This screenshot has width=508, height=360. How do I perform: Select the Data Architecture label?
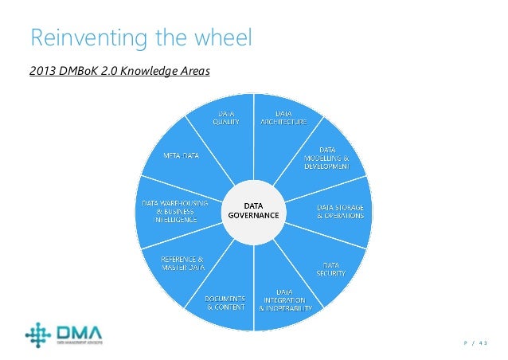click(283, 118)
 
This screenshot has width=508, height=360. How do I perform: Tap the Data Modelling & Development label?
click(326, 157)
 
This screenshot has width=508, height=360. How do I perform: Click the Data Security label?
click(331, 268)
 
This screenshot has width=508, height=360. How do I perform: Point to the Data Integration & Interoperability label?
click(284, 299)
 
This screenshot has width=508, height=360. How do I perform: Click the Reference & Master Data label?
click(182, 263)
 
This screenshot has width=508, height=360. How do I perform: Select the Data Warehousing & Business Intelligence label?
click(174, 212)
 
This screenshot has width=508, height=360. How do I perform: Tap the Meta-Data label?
click(182, 155)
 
